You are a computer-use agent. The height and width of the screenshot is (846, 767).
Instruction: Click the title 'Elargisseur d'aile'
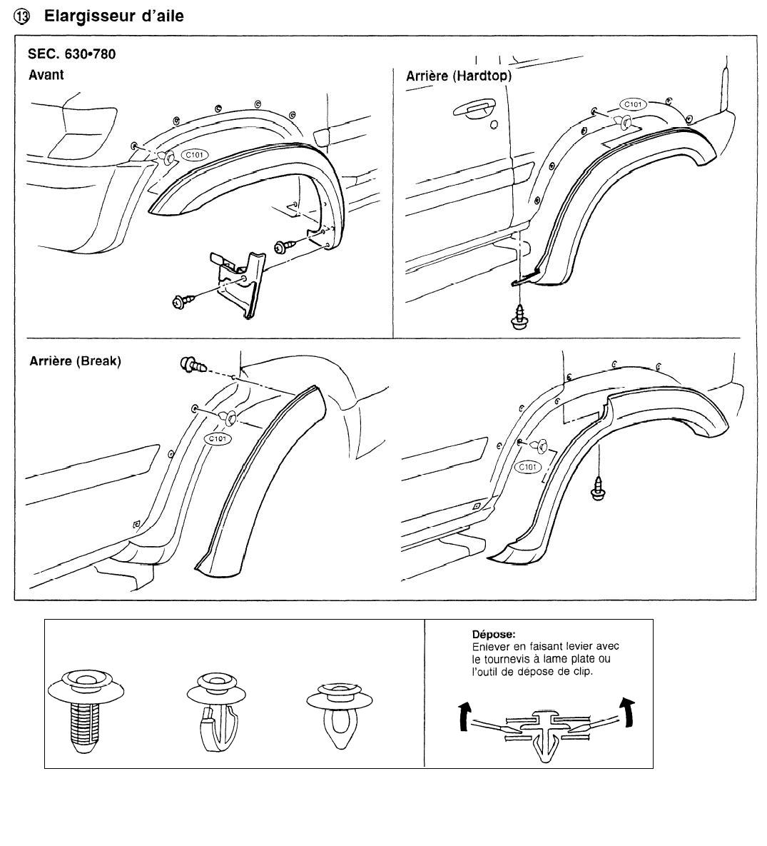point(114,16)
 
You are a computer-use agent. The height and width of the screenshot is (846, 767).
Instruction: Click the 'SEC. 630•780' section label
point(71,54)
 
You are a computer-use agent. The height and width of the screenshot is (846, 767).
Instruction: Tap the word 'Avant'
point(46,74)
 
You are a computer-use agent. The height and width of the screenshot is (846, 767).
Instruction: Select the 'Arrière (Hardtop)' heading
point(458,76)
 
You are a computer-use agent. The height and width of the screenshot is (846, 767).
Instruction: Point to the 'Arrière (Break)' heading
point(75,361)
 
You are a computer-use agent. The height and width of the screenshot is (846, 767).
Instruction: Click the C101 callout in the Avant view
point(193,155)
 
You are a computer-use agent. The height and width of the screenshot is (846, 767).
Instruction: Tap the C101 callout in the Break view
point(217,438)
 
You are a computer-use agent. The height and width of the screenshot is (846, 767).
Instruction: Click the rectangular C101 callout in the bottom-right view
point(527,466)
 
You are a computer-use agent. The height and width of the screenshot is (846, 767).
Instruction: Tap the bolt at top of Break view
point(193,366)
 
